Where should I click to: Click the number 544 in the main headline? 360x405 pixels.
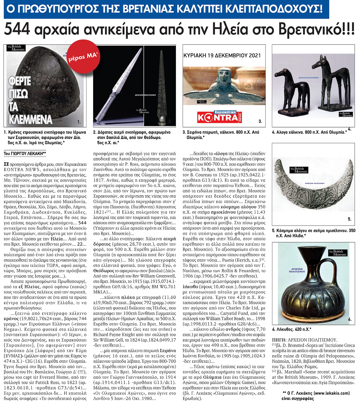(17, 29)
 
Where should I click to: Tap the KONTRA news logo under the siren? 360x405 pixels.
(220, 117)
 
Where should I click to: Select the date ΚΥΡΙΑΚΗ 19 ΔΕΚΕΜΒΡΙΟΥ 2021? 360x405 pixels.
(222, 55)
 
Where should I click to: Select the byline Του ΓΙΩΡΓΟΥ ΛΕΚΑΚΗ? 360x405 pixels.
(25, 153)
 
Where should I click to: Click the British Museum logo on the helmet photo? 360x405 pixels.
(16, 48)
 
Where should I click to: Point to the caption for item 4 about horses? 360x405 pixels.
(309, 132)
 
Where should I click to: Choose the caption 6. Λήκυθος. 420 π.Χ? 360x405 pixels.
(292, 329)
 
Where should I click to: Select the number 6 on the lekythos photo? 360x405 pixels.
(350, 319)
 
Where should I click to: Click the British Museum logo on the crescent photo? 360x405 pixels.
(299, 170)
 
